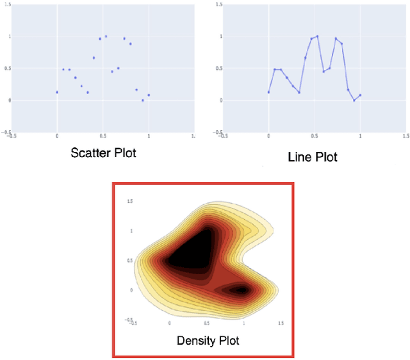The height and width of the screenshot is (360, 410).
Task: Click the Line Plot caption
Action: (313, 157)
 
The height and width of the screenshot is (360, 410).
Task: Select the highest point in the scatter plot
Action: (106, 37)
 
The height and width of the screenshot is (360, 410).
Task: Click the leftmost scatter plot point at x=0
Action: (57, 92)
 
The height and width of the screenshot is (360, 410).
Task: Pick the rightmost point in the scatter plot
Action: (149, 95)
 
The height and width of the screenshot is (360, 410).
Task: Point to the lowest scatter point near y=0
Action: (142, 101)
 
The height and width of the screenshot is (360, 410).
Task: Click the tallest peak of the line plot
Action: (317, 37)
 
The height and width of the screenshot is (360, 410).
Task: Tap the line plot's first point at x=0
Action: (268, 92)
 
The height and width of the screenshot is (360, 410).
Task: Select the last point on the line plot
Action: (360, 95)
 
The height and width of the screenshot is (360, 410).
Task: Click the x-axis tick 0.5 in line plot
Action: (314, 136)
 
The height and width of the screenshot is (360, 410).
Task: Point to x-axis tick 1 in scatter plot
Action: (149, 136)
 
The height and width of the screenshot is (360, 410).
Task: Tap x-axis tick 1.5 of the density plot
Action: (280, 324)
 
